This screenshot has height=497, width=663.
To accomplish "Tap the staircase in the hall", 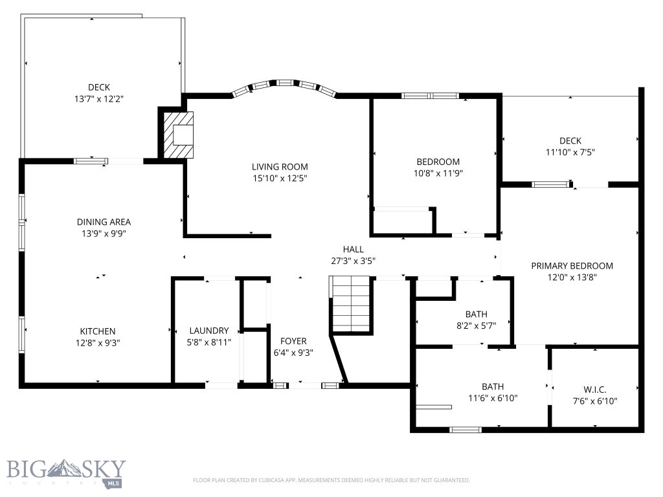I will [x=350, y=304].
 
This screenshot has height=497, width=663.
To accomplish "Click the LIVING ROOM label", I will [x=280, y=166].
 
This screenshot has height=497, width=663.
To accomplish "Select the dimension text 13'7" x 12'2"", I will [x=99, y=99].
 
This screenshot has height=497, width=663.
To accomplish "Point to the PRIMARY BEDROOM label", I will [x=572, y=265].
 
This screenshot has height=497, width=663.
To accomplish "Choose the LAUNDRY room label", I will [x=208, y=330].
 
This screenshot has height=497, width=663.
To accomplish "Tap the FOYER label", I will [x=293, y=341].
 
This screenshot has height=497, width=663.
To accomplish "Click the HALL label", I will [x=353, y=249].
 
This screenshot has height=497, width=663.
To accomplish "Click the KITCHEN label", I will [x=98, y=331].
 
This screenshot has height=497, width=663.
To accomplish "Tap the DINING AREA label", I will [x=104, y=222].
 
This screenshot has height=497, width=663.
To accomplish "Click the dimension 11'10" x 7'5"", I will [x=570, y=153].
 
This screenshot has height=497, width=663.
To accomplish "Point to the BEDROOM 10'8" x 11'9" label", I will [x=438, y=162].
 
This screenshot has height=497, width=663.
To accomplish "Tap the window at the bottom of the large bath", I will [x=466, y=429].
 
